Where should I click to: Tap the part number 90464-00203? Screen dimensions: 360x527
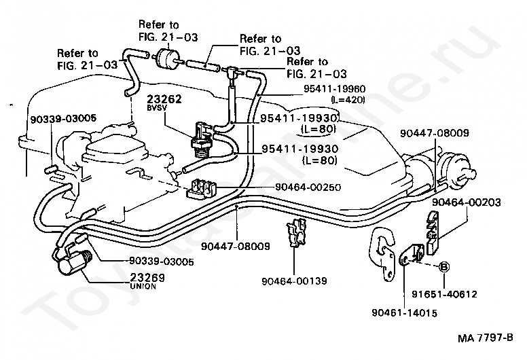(465, 202)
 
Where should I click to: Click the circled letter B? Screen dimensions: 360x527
(444, 266)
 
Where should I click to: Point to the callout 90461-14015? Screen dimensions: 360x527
(404, 312)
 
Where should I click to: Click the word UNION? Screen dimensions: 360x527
(143, 286)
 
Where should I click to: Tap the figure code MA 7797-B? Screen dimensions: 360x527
(484, 338)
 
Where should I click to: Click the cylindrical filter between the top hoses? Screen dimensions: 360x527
(166, 58)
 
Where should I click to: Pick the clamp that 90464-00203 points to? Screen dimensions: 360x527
(432, 229)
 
